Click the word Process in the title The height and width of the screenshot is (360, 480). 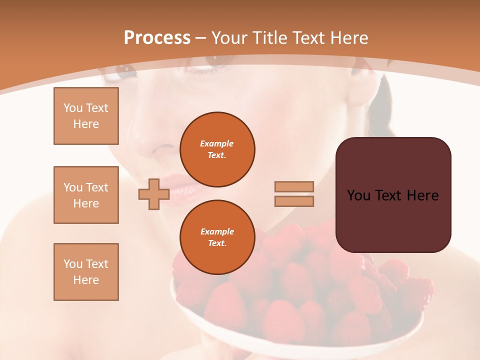pyautogui.click(x=157, y=38)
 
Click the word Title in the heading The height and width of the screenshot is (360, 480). pyautogui.click(x=267, y=38)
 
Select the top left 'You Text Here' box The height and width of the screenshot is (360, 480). pyautogui.click(x=86, y=116)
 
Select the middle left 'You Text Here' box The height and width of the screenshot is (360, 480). pyautogui.click(x=86, y=195)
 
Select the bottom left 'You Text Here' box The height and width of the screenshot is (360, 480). pyautogui.click(x=86, y=272)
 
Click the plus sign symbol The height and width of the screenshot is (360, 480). pyautogui.click(x=154, y=194)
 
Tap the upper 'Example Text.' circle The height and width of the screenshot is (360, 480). pyautogui.click(x=217, y=149)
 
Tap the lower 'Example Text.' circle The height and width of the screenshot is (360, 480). pyautogui.click(x=217, y=237)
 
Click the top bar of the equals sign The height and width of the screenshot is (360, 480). pyautogui.click(x=294, y=186)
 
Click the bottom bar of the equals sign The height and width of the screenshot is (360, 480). pyautogui.click(x=294, y=201)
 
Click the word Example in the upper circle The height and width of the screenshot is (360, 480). pyautogui.click(x=217, y=143)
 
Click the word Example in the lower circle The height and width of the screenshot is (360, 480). pyautogui.click(x=217, y=231)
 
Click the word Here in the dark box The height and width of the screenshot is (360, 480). pyautogui.click(x=423, y=195)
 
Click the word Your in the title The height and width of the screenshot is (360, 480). pyautogui.click(x=230, y=38)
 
